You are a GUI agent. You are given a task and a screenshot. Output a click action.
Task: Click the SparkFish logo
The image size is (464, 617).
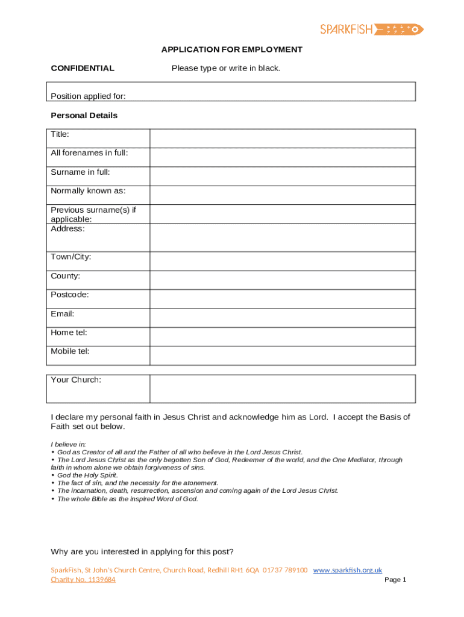372,28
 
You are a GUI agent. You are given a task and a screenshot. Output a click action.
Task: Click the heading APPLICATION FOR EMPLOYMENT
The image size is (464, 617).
231,49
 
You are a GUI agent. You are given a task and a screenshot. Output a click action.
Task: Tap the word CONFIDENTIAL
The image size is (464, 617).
83,68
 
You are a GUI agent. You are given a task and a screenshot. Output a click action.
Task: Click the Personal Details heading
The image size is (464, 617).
84,115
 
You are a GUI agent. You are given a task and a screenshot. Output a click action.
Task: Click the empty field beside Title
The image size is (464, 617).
282,138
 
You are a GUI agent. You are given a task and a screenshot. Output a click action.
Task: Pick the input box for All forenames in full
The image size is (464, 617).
282,157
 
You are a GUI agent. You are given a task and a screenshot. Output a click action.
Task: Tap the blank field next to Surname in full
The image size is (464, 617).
282,176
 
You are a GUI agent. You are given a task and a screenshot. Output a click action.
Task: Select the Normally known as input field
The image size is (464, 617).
282,195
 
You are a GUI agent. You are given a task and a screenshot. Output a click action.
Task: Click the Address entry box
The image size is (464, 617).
282,237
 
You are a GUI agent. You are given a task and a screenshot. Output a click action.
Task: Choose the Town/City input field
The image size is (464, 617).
282,261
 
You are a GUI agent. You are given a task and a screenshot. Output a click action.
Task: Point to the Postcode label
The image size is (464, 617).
70,295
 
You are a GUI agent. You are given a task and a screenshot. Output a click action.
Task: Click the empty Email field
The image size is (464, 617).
282,318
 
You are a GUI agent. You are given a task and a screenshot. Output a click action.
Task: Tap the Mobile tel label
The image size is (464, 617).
70,351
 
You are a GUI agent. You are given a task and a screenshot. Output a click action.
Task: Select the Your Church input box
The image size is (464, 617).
282,389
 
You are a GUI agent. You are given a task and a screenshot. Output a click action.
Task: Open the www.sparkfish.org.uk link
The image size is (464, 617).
348,570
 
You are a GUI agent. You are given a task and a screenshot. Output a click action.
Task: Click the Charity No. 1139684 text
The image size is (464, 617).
83,580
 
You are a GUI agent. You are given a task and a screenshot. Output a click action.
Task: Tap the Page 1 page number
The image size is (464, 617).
395,580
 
